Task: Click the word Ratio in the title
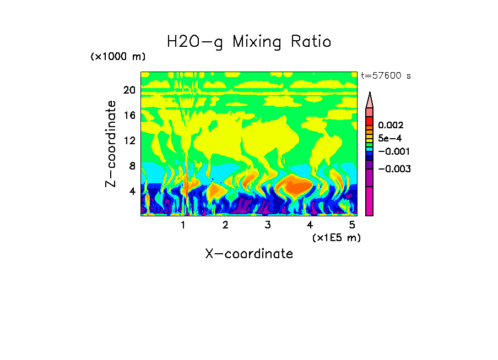pyautogui.click(x=310, y=41)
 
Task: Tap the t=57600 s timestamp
pyautogui.click(x=386, y=76)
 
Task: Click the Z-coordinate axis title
pyautogui.click(x=111, y=144)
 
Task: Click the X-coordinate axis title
pyautogui.click(x=249, y=254)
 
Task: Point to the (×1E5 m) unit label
pyautogui.click(x=336, y=237)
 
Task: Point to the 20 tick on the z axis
pyautogui.click(x=129, y=90)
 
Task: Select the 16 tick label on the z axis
pyautogui.click(x=129, y=116)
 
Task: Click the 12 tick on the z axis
pyautogui.click(x=129, y=140)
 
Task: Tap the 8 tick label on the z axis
pyautogui.click(x=132, y=166)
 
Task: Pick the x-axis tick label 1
pyautogui.click(x=183, y=225)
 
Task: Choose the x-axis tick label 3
pyautogui.click(x=267, y=225)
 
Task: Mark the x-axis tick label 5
pyautogui.click(x=352, y=225)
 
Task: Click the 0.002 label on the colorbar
pyautogui.click(x=391, y=126)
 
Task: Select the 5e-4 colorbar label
pyautogui.click(x=389, y=138)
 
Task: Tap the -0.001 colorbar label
pyautogui.click(x=393, y=151)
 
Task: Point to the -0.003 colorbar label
pyautogui.click(x=393, y=169)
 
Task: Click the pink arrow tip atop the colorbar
pyautogui.click(x=370, y=100)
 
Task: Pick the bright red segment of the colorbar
pyautogui.click(x=370, y=121)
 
